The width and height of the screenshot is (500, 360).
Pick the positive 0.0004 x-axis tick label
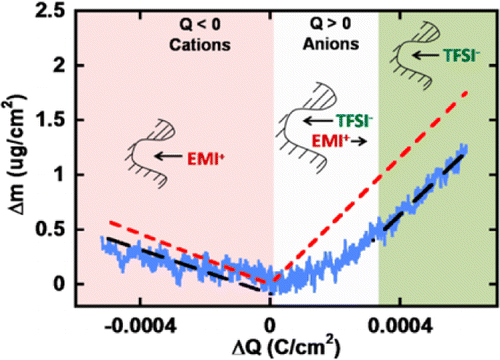(x=403, y=326)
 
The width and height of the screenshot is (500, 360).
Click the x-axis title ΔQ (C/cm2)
(x=270, y=346)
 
